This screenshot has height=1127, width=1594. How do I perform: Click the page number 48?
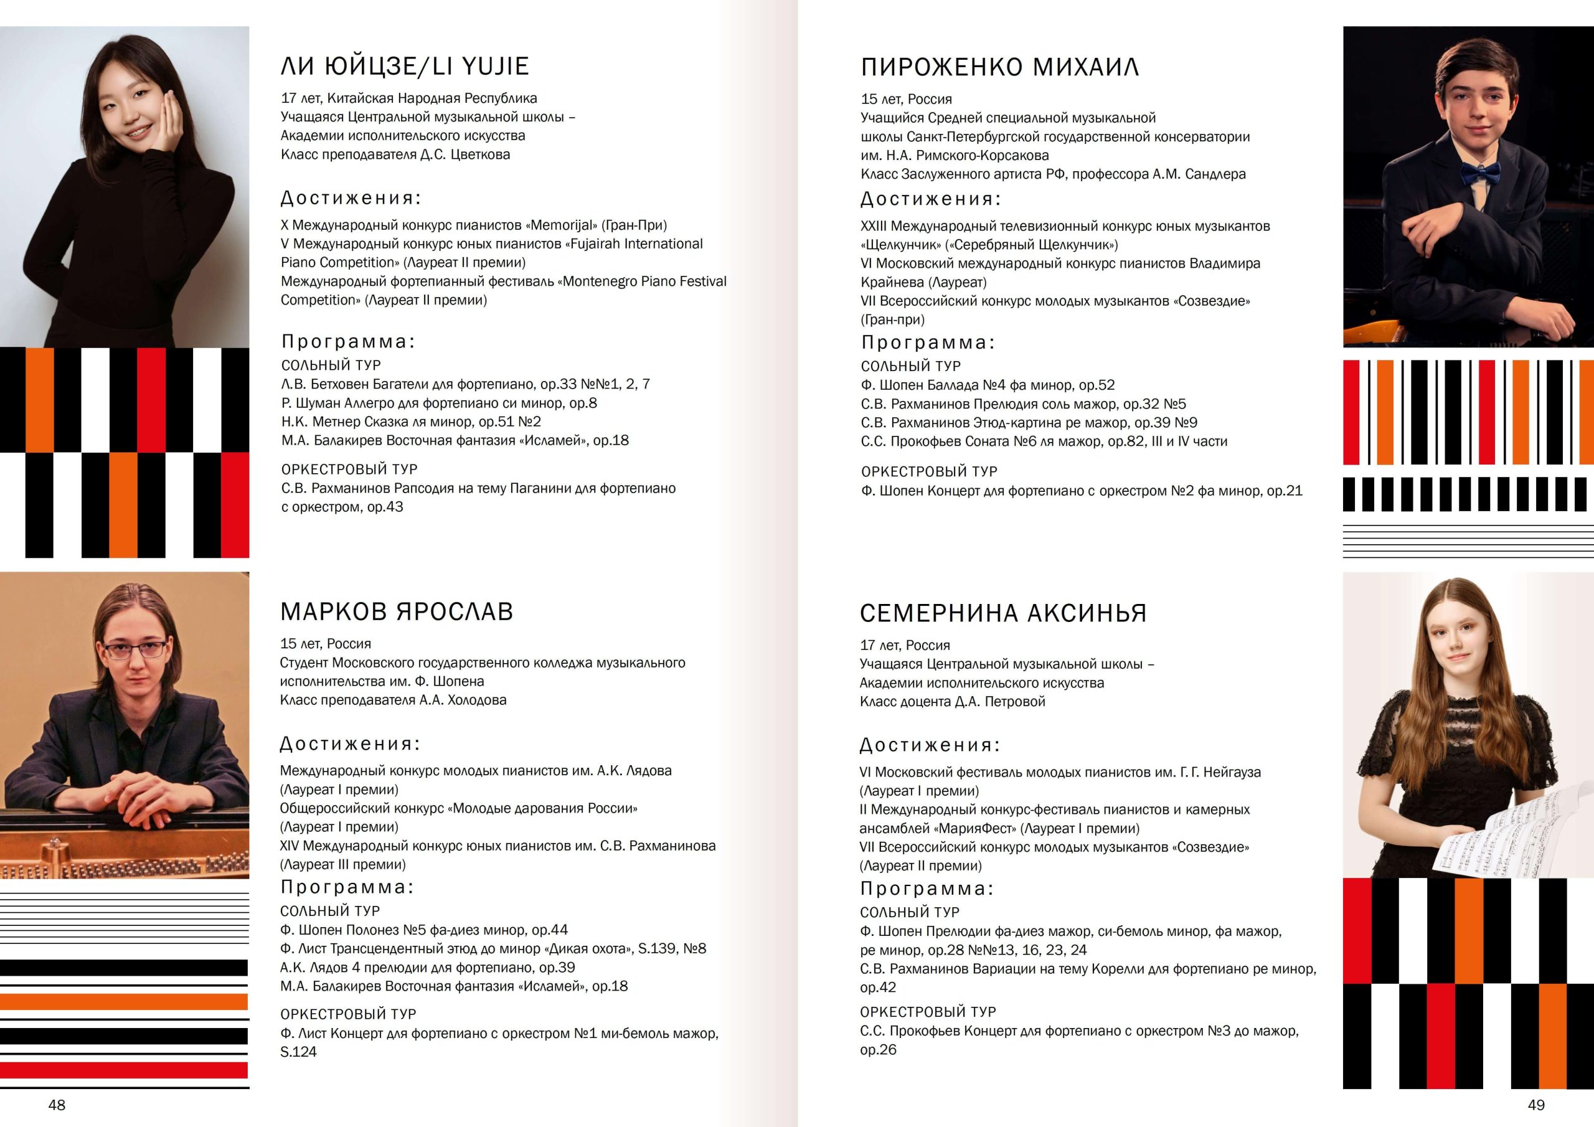(x=57, y=1105)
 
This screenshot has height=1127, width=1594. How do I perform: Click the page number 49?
(x=1535, y=1105)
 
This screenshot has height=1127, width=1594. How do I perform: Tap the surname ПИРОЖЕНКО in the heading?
(x=941, y=67)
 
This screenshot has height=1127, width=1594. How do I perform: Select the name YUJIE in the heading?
(x=495, y=67)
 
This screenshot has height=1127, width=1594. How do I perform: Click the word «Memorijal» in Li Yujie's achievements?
(x=562, y=225)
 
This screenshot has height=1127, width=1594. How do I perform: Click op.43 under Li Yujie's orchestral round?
(x=385, y=507)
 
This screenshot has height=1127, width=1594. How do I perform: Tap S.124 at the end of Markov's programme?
(x=298, y=1052)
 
